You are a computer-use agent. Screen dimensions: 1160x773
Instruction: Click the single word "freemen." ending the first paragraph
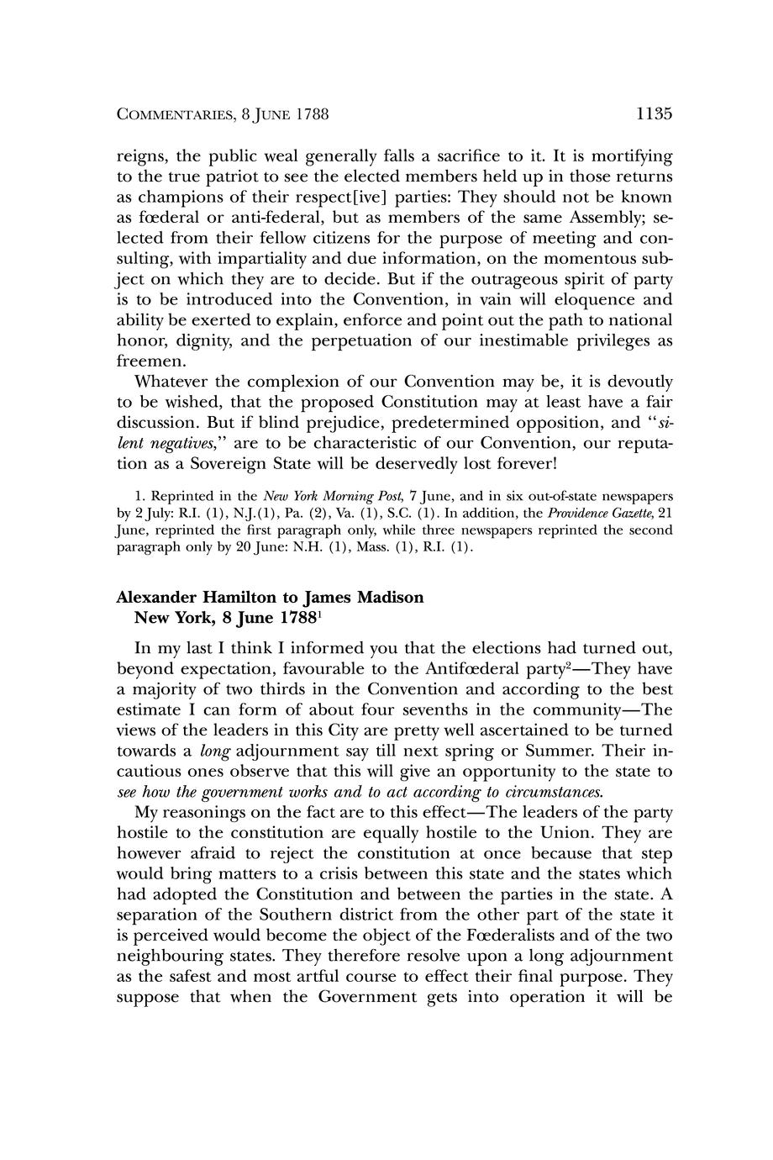click(148, 361)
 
